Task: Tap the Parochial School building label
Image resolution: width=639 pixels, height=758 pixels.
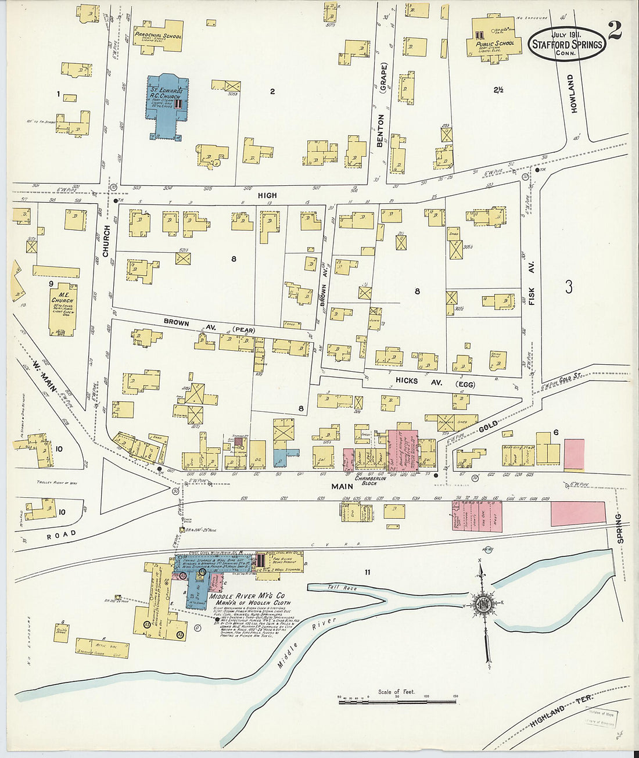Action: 157,35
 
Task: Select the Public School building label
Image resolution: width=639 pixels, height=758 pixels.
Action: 494,43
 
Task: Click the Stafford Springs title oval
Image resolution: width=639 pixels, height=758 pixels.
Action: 566,44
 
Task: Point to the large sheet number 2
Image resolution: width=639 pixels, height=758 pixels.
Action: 614,30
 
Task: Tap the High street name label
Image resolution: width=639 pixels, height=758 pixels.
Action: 268,196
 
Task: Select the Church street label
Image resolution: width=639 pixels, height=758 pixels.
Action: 106,240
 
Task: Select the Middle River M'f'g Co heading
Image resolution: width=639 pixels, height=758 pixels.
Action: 247,596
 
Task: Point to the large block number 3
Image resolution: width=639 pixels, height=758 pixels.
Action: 569,287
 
